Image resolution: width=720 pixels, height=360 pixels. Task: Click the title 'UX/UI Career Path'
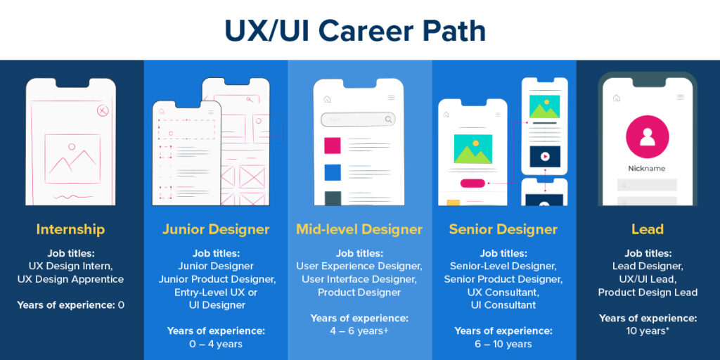[x=354, y=30]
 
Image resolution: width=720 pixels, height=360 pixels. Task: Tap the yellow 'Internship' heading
[x=70, y=229]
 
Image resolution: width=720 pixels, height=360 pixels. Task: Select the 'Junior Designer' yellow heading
[x=216, y=229]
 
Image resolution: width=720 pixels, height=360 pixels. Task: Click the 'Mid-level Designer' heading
[x=359, y=229]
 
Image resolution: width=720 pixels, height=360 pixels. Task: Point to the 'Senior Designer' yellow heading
[x=503, y=229]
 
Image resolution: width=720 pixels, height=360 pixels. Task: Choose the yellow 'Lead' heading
[x=648, y=229]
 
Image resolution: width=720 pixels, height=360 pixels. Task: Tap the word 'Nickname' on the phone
[x=647, y=169]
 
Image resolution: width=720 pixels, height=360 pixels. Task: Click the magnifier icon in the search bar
[x=389, y=120]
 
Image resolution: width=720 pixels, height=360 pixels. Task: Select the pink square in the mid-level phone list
[x=333, y=146]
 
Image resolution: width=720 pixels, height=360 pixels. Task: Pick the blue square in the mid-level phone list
[x=333, y=172]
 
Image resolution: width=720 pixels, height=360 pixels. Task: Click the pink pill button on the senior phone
[x=472, y=184]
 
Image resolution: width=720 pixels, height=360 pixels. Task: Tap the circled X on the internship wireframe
[x=103, y=110]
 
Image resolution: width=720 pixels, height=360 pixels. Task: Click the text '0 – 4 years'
[x=216, y=344]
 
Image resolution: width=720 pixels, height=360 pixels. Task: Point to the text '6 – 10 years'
[x=503, y=344]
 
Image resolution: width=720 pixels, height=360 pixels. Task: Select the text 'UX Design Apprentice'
[x=70, y=279]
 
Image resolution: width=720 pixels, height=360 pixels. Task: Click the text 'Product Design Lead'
[x=648, y=292]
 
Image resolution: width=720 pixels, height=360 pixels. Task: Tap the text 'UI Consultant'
[x=503, y=304]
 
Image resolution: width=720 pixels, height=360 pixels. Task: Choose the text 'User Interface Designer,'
[x=359, y=279]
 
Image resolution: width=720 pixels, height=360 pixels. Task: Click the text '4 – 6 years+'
[x=359, y=331]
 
